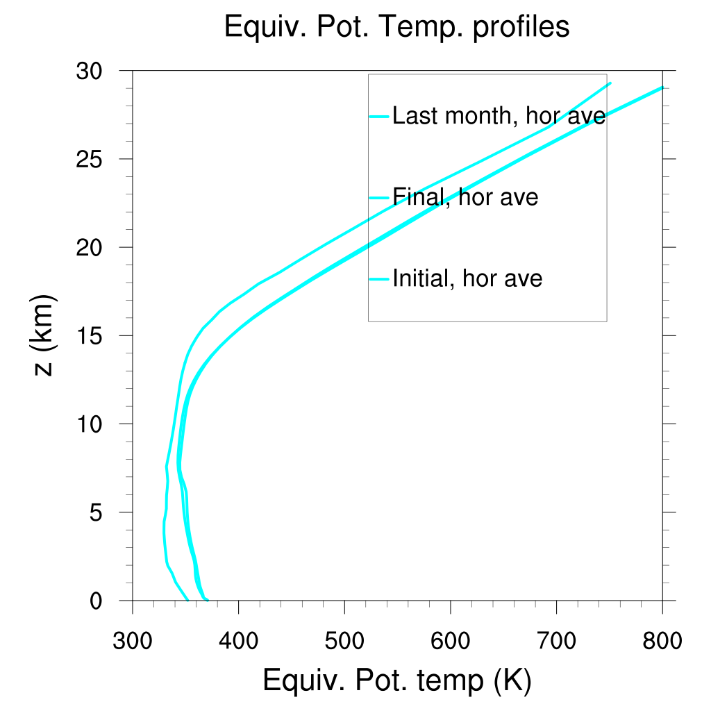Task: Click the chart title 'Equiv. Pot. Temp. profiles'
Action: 396,27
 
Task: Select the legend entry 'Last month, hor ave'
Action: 499,116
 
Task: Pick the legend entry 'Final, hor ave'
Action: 465,197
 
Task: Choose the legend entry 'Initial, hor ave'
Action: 467,278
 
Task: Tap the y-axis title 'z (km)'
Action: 44,335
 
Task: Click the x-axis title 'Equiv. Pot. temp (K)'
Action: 396,681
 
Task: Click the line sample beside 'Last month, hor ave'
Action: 378,116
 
